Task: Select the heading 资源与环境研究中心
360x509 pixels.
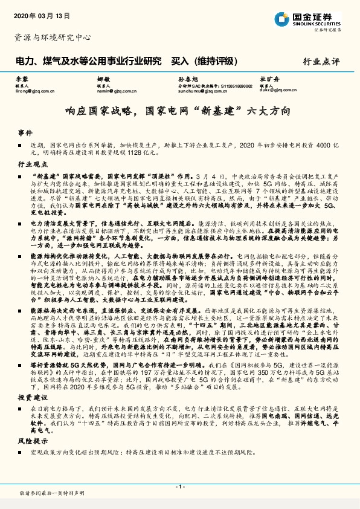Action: click(53, 37)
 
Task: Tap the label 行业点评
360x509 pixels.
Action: click(321, 61)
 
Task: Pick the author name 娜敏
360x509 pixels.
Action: click(103, 80)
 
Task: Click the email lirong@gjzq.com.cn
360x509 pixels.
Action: click(38, 92)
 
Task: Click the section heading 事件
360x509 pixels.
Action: click(24, 132)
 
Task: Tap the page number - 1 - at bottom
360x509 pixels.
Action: click(179, 487)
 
